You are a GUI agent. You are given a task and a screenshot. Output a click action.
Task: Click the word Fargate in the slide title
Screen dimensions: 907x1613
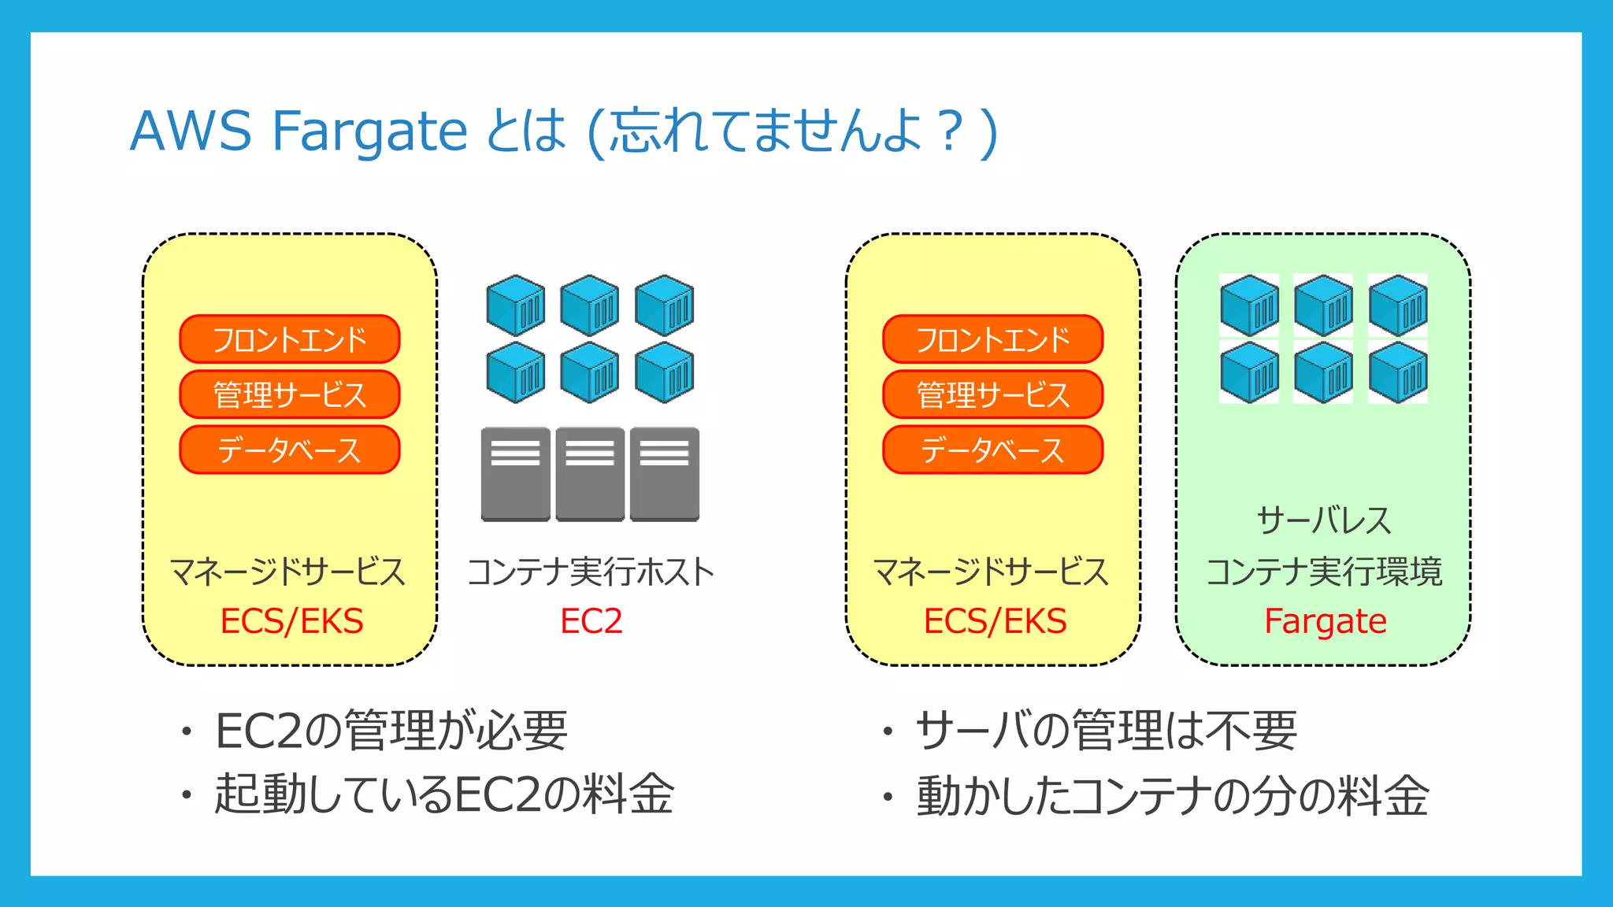(x=369, y=131)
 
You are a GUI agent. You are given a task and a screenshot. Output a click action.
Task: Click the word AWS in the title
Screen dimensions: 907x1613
(x=191, y=131)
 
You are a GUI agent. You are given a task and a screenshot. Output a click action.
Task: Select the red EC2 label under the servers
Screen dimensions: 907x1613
(x=591, y=621)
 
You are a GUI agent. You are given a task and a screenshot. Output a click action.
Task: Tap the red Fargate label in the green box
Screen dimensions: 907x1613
(x=1325, y=621)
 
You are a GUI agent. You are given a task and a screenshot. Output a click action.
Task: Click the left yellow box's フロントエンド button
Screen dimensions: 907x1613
(x=290, y=339)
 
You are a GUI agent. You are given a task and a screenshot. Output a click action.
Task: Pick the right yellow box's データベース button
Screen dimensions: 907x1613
(x=992, y=450)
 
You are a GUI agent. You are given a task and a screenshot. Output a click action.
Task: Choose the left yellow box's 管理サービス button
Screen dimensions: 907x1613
(x=290, y=394)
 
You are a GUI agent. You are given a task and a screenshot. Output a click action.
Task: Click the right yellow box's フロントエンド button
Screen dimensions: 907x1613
(x=992, y=339)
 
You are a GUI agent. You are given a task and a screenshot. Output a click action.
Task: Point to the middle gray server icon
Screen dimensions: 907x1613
(x=590, y=474)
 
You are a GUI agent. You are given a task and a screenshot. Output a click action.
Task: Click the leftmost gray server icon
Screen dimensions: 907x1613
(x=515, y=474)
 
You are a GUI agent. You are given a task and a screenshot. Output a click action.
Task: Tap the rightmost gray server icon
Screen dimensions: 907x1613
(x=665, y=474)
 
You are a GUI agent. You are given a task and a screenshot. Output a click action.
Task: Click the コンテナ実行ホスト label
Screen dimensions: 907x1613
(x=591, y=572)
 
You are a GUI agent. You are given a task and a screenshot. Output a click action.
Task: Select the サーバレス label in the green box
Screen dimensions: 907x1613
(x=1324, y=520)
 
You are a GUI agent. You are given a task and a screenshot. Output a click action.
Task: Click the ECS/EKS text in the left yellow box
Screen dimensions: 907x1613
(x=291, y=621)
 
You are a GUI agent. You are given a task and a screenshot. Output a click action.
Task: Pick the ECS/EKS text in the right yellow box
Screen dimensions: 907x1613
(x=995, y=621)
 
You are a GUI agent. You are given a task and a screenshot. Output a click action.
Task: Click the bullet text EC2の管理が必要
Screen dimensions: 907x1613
(x=391, y=731)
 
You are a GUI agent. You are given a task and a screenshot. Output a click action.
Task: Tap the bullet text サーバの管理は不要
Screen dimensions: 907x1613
(x=1106, y=731)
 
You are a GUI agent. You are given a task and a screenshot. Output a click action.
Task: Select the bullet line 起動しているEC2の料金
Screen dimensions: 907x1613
(x=444, y=794)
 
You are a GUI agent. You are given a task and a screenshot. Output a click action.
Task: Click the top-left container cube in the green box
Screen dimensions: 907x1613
(x=1249, y=305)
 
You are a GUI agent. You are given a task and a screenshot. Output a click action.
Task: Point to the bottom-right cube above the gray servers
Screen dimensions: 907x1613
(x=665, y=372)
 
